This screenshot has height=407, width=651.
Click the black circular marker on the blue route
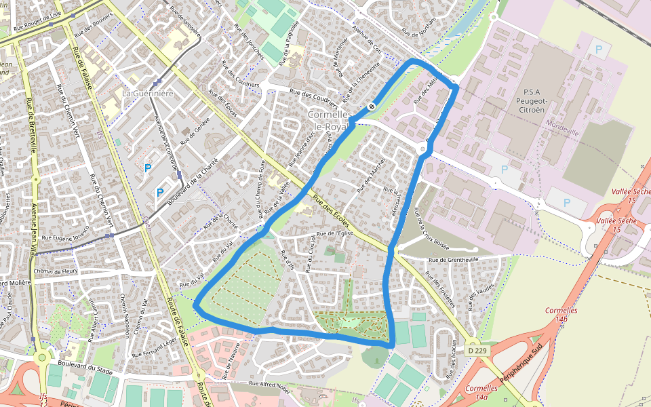coord(372,106)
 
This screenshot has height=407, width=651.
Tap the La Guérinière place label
coord(149,92)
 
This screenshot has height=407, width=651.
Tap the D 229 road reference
coord(477,351)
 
